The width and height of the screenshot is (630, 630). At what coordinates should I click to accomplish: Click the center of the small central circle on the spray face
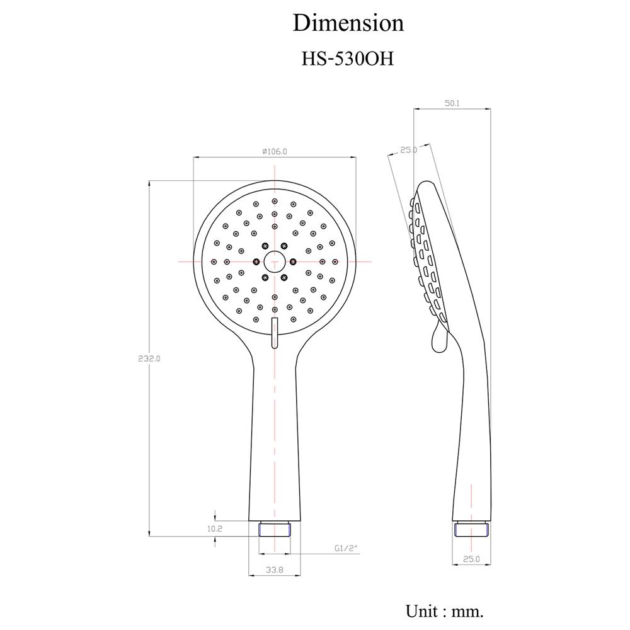pyautogui.click(x=275, y=261)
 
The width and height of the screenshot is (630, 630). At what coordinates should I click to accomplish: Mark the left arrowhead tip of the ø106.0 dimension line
pyautogui.click(x=193, y=157)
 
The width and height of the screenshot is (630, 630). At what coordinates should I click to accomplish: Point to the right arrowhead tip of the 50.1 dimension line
pyautogui.click(x=491, y=108)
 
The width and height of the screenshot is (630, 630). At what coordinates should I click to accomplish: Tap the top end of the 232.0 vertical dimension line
pyautogui.click(x=149, y=181)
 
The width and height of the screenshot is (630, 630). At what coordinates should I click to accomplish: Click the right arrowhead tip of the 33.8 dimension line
pyautogui.click(x=300, y=576)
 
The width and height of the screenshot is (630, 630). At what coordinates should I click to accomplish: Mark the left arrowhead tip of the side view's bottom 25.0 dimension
pyautogui.click(x=452, y=564)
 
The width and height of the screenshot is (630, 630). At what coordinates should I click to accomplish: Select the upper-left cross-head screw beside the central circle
pyautogui.click(x=265, y=246)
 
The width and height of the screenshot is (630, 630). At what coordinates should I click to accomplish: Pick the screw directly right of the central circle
pyautogui.click(x=292, y=261)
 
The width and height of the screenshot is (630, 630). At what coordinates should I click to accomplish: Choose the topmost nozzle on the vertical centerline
pyautogui.click(x=275, y=201)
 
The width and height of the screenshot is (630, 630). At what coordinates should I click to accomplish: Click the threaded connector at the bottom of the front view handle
pyautogui.click(x=275, y=529)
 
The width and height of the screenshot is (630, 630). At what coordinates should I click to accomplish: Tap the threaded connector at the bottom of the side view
pyautogui.click(x=471, y=529)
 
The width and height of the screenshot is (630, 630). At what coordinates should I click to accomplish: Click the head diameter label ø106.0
pyautogui.click(x=275, y=151)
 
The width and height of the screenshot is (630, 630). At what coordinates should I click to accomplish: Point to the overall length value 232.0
pyautogui.click(x=149, y=358)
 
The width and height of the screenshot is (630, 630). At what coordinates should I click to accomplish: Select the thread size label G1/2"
pyautogui.click(x=346, y=548)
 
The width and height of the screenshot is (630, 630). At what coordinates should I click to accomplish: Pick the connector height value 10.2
pyautogui.click(x=215, y=529)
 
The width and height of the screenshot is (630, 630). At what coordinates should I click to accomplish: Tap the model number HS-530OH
pyautogui.click(x=348, y=59)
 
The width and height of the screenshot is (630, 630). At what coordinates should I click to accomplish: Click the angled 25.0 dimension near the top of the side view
pyautogui.click(x=408, y=150)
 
